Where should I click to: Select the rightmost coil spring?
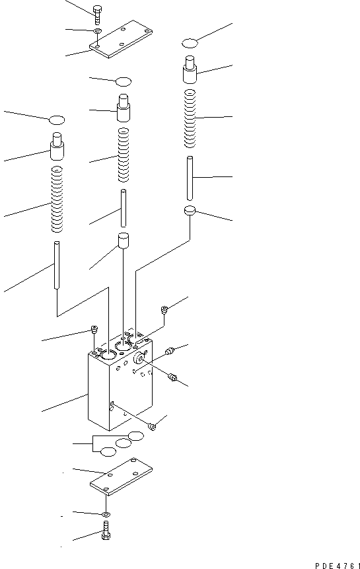[x=189, y=119]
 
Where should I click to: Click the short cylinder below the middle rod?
[x=123, y=241]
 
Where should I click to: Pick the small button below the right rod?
[x=190, y=211]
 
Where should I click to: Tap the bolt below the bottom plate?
[x=106, y=530]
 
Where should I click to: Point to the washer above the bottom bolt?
[x=106, y=513]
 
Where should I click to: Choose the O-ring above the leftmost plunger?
[x=57, y=120]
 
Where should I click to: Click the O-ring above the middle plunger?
[x=124, y=81]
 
